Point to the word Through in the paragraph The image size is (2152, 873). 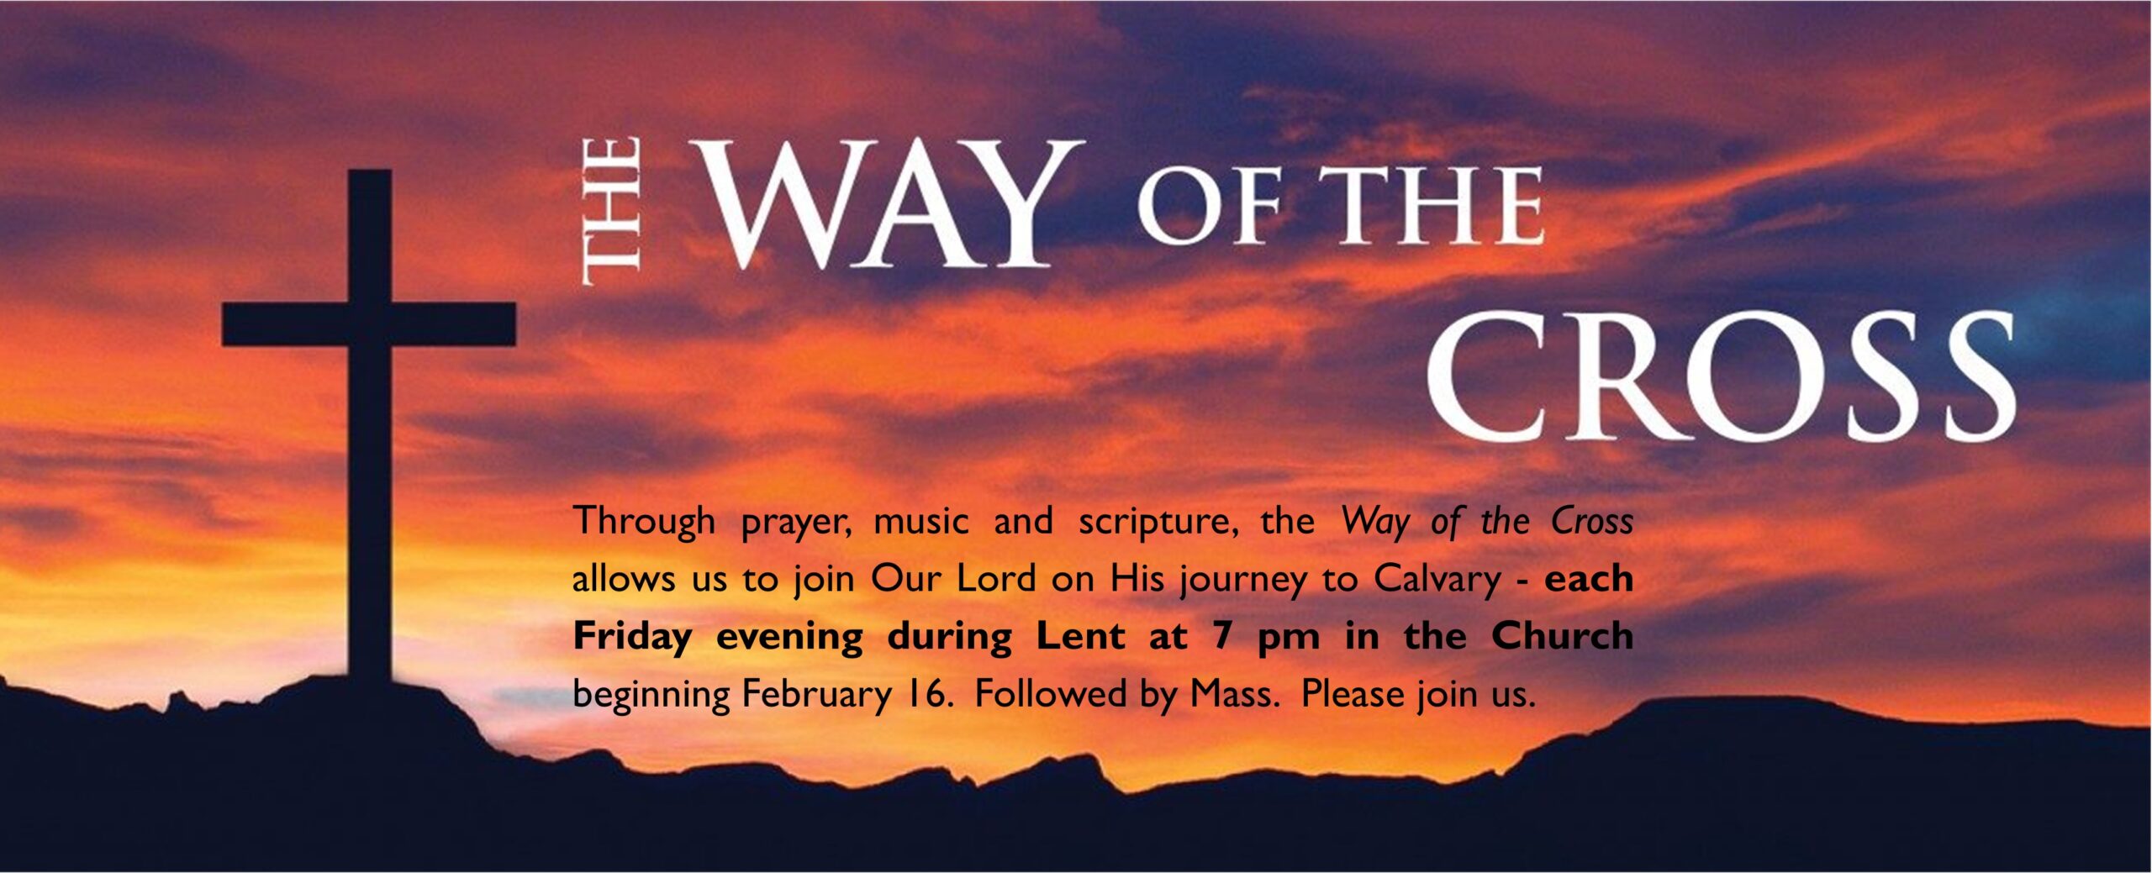644,522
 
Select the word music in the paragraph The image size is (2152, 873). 921,522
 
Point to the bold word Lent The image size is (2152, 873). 1080,635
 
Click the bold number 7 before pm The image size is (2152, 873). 1223,635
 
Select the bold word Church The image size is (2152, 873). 1562,635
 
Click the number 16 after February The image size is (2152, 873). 928,694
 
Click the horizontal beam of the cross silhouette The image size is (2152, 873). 369,324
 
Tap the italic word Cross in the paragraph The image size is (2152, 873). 1592,522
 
